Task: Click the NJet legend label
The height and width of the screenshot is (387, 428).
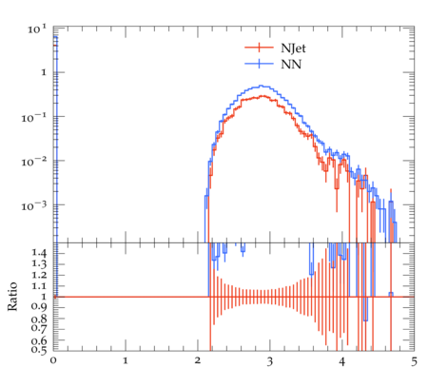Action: click(x=293, y=48)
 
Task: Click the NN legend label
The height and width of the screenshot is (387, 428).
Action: click(x=291, y=65)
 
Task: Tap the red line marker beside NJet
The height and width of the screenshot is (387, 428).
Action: click(x=259, y=48)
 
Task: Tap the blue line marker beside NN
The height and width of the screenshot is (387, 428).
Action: click(x=259, y=64)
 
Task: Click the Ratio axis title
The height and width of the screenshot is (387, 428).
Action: click(x=12, y=297)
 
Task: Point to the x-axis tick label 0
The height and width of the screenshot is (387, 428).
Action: click(x=53, y=361)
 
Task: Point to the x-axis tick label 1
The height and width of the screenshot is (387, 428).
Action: click(x=126, y=361)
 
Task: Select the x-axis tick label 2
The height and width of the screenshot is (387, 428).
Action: click(x=198, y=361)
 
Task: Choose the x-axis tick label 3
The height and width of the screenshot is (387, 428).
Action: click(x=269, y=361)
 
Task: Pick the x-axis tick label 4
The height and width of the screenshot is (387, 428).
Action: click(x=341, y=361)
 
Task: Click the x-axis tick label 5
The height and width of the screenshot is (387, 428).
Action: click(x=414, y=361)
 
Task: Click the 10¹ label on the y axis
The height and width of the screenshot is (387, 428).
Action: click(x=37, y=29)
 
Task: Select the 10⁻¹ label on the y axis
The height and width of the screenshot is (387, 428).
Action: click(x=34, y=117)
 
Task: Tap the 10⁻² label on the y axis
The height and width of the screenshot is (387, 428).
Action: click(x=34, y=162)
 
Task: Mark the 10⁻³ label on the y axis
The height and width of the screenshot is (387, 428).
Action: click(x=34, y=206)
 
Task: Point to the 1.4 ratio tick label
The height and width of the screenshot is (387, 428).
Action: click(x=39, y=253)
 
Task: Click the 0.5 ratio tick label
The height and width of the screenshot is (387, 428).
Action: click(x=39, y=350)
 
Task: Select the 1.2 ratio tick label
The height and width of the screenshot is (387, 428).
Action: click(x=39, y=275)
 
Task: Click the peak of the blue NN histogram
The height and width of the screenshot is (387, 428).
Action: click(x=261, y=86)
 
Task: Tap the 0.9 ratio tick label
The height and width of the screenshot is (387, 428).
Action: click(x=39, y=306)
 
